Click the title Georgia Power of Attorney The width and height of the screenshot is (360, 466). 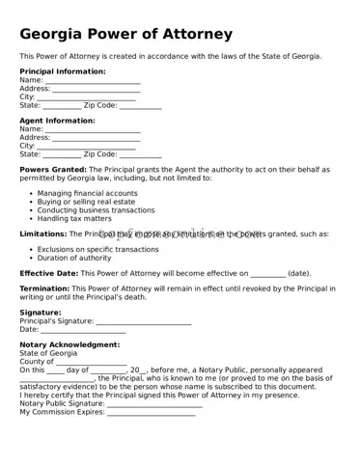pos(125,35)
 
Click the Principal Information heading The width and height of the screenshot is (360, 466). pos(63,71)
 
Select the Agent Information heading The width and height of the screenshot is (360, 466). pos(57,121)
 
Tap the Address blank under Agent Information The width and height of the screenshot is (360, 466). pos(96,138)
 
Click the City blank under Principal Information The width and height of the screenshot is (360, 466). pos(87,97)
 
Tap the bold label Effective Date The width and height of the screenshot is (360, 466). pos(49,273)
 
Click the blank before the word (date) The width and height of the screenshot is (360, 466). pos(268,274)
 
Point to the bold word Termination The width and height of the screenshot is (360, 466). pos(44,288)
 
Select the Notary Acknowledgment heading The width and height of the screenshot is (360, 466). pos(69,344)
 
